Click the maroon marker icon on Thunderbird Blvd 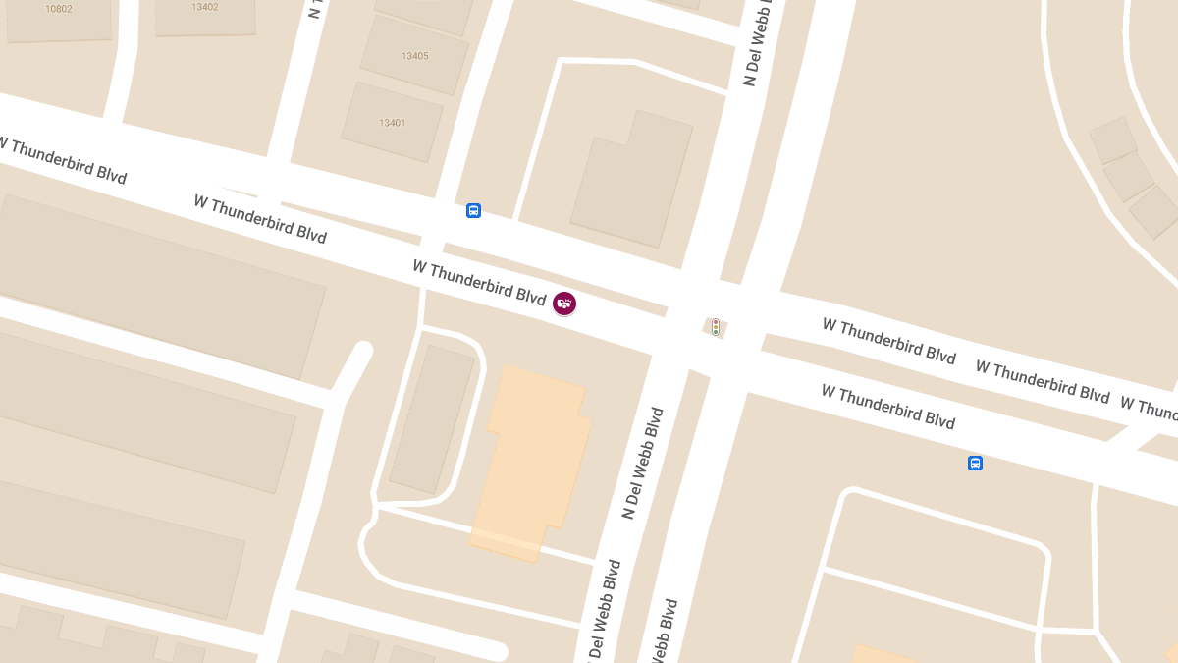[x=564, y=304]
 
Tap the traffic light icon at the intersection [x=716, y=327]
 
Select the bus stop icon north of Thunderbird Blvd [x=473, y=210]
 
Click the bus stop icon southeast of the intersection [x=975, y=463]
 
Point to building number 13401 [x=392, y=123]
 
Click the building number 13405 [x=414, y=56]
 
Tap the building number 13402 [x=205, y=7]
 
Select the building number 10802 [x=59, y=9]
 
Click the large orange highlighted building [x=530, y=462]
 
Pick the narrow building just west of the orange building [x=432, y=418]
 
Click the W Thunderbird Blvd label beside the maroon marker [x=478, y=282]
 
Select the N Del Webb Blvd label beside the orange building [x=643, y=463]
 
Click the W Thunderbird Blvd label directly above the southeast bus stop [x=887, y=407]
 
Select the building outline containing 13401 [x=393, y=138]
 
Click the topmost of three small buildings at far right [x=1113, y=140]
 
